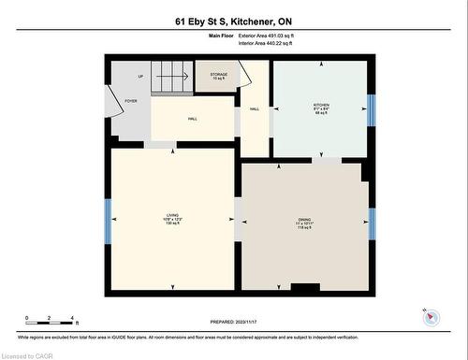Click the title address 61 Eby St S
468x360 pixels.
(x=234, y=20)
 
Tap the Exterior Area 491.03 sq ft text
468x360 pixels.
(x=265, y=36)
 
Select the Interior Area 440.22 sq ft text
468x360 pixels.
(x=265, y=43)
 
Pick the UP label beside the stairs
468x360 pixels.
(x=140, y=77)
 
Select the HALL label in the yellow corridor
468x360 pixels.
(x=192, y=119)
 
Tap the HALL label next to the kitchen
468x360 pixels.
(x=254, y=109)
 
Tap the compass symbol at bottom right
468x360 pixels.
(x=431, y=317)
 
